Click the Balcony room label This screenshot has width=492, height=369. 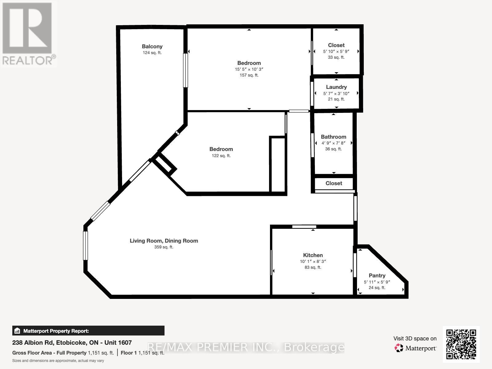pos(152,46)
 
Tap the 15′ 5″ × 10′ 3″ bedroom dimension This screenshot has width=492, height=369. pos(249,69)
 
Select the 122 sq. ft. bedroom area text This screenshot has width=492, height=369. pos(221,156)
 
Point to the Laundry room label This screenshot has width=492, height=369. pos(336,87)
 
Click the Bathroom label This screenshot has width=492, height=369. pos(333,137)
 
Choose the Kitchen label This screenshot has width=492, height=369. pos(313,255)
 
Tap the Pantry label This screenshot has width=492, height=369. pos(377,276)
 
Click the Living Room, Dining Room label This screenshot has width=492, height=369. pos(164,241)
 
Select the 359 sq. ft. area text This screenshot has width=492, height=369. pos(164,247)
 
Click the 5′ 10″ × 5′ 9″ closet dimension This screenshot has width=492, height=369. pos(336,51)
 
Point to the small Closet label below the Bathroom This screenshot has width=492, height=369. pos(334,183)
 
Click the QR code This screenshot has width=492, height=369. pos(461,344)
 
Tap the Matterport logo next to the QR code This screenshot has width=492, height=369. pos(415,348)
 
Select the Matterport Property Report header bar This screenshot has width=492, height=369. pos(88,331)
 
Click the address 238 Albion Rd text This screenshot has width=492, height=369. pos(72,343)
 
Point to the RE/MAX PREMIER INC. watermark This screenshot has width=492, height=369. pos(246,347)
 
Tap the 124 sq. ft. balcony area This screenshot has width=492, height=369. pos(152,53)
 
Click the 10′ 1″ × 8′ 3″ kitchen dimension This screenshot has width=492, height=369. pos(313,261)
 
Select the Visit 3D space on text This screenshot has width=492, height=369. pos(415,339)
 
